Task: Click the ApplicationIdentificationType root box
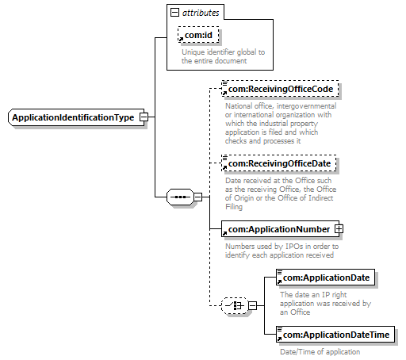point(76,117)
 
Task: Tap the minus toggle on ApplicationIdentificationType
point(144,117)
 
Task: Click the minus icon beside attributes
point(174,13)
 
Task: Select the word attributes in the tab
point(201,13)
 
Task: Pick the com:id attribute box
point(198,35)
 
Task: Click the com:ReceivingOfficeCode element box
point(280,89)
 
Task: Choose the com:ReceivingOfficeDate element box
point(279,163)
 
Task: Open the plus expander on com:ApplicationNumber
point(339,229)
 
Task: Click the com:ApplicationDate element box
point(325,278)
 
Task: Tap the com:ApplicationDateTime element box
point(335,335)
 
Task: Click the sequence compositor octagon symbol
point(180,197)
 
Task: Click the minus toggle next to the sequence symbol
point(198,197)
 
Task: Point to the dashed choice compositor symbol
point(235,306)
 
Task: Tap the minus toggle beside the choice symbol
point(253,306)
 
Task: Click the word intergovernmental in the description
point(307,106)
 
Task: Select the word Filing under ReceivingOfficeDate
point(234,206)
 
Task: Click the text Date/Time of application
point(320,352)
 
